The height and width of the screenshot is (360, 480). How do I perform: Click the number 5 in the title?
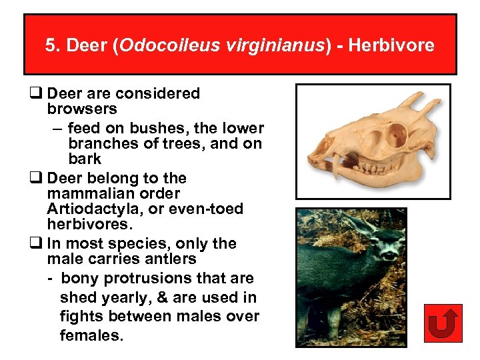[51, 45]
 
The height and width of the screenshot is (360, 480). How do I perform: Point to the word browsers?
[82, 109]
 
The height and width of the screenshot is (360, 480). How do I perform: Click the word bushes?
[143, 128]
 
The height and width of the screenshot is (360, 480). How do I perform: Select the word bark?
[85, 159]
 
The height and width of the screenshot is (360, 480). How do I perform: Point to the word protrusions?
[154, 278]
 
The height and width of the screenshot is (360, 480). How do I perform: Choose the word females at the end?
[91, 335]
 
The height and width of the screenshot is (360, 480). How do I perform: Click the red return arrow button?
[442, 323]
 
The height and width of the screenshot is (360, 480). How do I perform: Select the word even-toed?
[204, 209]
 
